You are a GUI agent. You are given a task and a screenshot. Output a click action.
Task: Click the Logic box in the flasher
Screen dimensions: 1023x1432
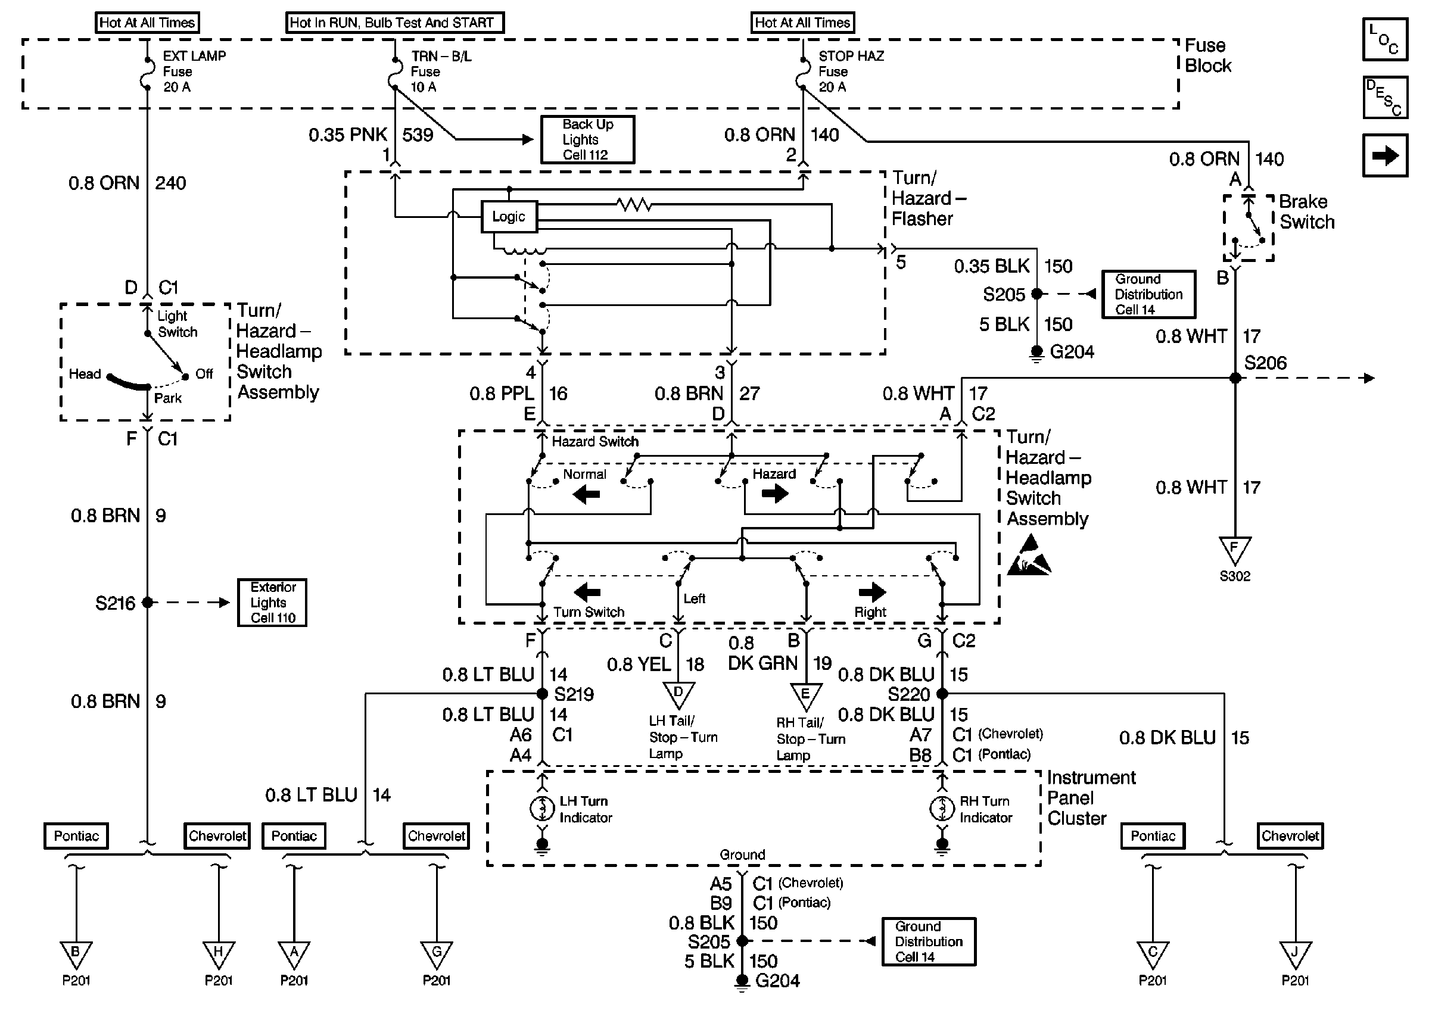coord(509,217)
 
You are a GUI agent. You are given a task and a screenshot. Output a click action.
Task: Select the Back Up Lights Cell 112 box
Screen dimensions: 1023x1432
coord(587,140)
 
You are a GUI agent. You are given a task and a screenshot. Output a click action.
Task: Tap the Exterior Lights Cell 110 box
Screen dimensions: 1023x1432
coord(272,603)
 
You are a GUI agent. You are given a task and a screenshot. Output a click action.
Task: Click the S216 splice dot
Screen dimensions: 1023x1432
coord(147,603)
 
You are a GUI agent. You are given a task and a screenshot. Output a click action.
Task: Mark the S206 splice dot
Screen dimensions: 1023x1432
coord(1235,378)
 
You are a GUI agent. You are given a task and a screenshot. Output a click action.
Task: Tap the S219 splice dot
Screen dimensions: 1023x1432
coord(542,694)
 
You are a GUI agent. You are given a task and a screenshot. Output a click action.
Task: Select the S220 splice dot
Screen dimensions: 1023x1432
coord(942,694)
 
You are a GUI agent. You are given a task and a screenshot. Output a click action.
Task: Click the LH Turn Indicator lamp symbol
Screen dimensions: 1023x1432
coord(542,809)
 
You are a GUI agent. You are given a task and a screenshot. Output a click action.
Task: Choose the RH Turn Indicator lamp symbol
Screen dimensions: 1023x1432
coord(942,809)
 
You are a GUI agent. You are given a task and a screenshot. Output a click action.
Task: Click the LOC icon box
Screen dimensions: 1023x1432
coord(1385,39)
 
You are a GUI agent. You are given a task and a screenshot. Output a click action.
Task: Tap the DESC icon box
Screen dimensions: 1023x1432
coord(1385,98)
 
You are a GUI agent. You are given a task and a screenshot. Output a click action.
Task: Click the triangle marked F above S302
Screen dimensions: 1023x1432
coord(1235,549)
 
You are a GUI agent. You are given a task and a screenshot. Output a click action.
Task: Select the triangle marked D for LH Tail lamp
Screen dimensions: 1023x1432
coord(678,694)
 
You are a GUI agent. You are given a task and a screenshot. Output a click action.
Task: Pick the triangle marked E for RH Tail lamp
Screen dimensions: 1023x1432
coord(806,695)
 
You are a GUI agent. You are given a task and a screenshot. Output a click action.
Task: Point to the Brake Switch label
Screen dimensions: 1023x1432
coord(1306,211)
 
